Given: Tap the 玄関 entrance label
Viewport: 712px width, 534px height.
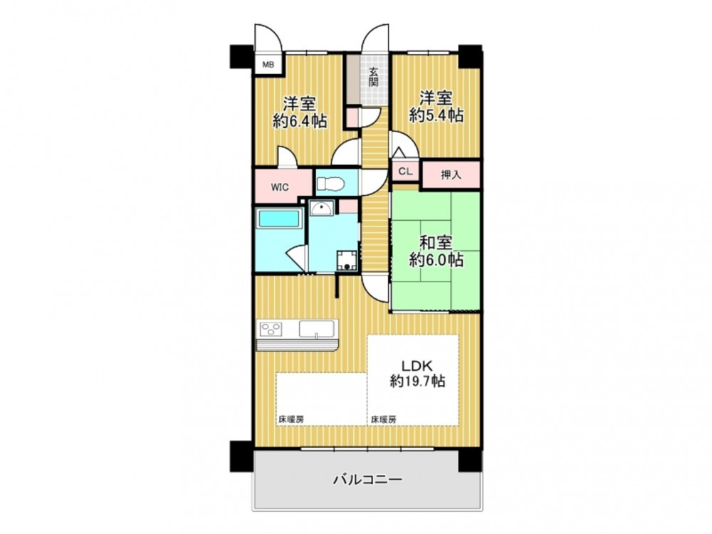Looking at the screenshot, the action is [374, 77].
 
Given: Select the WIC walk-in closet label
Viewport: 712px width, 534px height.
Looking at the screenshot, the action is [280, 187].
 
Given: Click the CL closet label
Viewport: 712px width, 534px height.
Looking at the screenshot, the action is [406, 172].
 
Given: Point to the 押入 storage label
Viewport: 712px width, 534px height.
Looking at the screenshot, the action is [451, 175].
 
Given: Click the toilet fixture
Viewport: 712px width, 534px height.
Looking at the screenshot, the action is [330, 184].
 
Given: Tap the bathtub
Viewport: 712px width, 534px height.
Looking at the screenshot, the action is [279, 219].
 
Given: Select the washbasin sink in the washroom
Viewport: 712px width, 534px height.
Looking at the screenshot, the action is [322, 208].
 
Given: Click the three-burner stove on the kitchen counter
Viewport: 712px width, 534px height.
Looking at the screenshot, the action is [271, 328].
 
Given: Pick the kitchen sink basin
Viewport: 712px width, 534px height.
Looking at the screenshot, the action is [317, 329].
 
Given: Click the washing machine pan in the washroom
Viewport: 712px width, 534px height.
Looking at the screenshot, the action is [348, 261].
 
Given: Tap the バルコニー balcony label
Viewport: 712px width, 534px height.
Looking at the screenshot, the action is [368, 479].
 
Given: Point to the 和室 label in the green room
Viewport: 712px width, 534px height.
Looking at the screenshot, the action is [436, 243].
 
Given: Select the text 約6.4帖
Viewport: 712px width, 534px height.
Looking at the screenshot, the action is [300, 121].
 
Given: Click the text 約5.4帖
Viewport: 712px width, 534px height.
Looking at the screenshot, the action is [436, 115].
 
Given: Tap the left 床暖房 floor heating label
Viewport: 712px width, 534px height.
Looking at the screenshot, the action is [291, 419].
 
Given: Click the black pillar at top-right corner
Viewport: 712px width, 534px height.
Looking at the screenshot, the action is [470, 57].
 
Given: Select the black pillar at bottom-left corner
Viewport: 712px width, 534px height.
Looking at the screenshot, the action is [242, 456].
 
